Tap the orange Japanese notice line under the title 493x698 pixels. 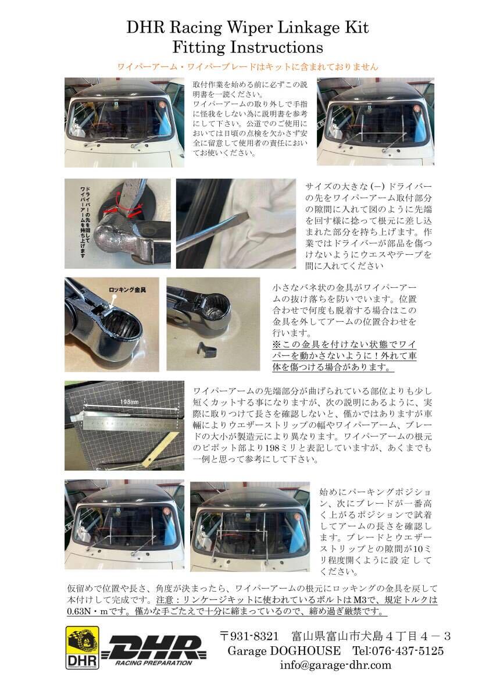point(247,67)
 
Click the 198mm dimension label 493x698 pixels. point(129,402)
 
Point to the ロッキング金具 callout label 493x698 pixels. point(127,290)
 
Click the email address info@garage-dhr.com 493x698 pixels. point(335,665)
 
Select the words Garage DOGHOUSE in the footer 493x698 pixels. point(284,651)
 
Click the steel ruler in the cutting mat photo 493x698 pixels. point(128,423)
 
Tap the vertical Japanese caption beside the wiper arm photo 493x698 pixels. point(85,222)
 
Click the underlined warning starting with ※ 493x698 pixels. point(344,356)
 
